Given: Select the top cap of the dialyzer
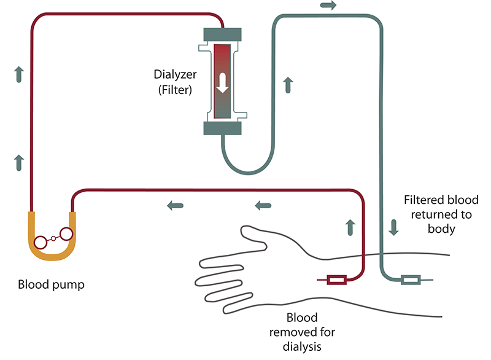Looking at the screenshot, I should (x=222, y=35).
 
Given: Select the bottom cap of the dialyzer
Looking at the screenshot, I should (x=222, y=128).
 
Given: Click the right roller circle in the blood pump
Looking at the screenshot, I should (x=64, y=233).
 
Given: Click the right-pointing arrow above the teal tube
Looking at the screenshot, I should (x=328, y=6).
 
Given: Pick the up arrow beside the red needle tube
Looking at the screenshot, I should (x=350, y=227).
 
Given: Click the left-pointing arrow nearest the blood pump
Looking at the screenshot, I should (x=175, y=204).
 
